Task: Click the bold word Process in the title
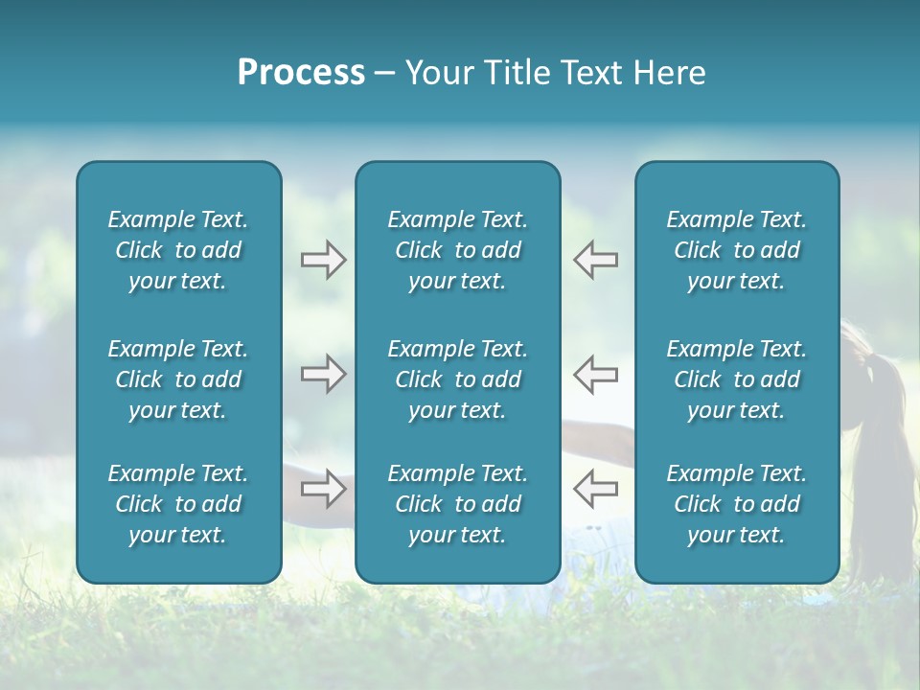(301, 73)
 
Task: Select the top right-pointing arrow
(323, 260)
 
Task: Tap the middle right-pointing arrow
(323, 374)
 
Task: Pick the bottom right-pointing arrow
(323, 489)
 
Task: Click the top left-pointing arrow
(595, 260)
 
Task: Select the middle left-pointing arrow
(595, 374)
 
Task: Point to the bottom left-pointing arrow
(595, 489)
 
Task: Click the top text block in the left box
(178, 250)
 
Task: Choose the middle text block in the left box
(178, 379)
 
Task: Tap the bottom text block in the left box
(178, 504)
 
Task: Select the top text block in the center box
(457, 250)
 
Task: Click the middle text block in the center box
(457, 379)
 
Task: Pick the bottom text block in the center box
(457, 504)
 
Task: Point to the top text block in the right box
(736, 250)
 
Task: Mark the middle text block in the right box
(736, 379)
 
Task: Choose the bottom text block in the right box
(736, 504)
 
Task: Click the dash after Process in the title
(384, 74)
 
